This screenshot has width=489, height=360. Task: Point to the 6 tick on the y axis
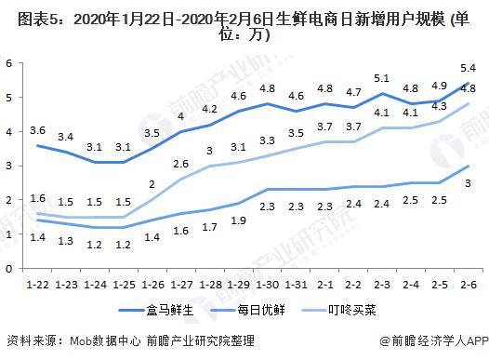click(7, 63)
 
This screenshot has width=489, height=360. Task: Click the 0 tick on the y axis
click(7, 268)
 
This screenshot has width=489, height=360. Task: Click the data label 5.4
click(469, 68)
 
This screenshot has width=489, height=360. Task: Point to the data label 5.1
click(381, 78)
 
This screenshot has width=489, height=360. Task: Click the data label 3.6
click(38, 129)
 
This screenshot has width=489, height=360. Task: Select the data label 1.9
click(238, 220)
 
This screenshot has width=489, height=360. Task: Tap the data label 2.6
click(181, 164)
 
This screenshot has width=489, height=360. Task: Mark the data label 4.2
click(209, 108)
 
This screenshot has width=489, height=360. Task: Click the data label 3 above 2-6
click(469, 183)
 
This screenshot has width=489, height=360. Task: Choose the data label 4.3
click(439, 107)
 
